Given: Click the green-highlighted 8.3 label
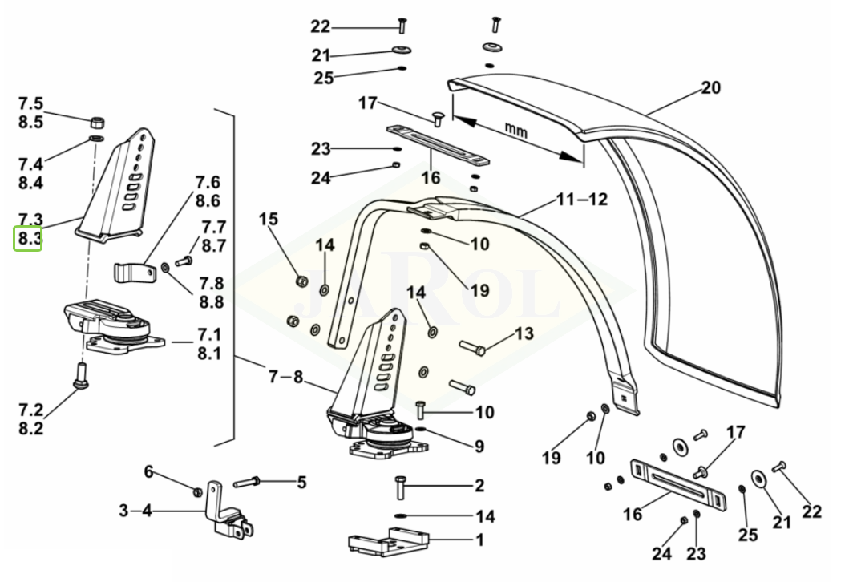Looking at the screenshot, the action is (27, 239).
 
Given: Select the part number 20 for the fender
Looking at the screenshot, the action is (711, 87).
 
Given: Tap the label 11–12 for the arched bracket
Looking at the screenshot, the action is (582, 200).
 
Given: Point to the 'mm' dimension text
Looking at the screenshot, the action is (515, 131).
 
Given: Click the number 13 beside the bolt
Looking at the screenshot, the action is (524, 333).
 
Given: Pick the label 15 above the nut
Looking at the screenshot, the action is (269, 220).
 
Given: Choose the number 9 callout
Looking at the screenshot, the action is (479, 447).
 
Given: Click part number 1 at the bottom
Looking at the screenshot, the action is (479, 540).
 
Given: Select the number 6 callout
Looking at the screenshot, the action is (148, 471).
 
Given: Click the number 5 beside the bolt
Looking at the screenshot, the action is (301, 482).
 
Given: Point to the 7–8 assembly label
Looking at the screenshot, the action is (286, 376).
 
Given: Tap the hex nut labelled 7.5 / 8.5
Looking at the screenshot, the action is (98, 121).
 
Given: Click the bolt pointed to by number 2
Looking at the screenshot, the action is (399, 487).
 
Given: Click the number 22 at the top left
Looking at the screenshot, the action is (321, 26).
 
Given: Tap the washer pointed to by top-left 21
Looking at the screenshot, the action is (401, 51).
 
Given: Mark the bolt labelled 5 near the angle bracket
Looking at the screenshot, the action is (248, 481).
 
